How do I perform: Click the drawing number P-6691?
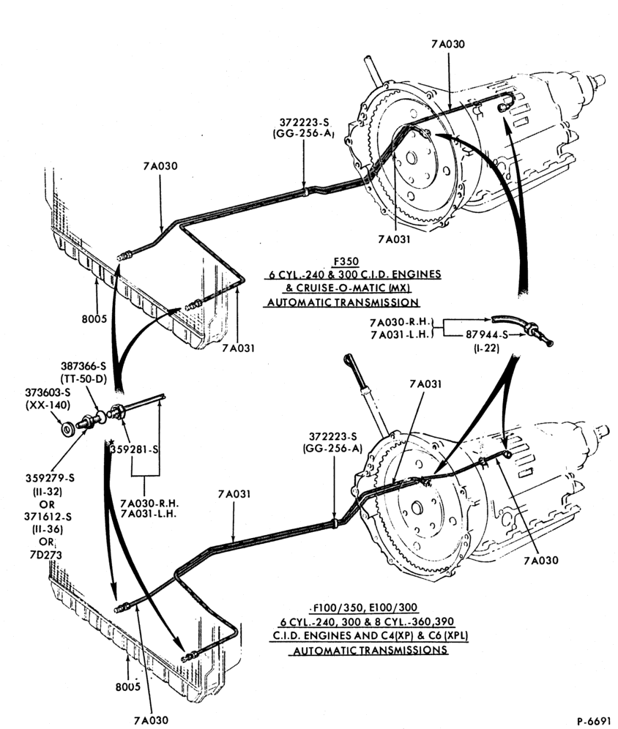(593, 721)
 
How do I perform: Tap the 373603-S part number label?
(48, 392)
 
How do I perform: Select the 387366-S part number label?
(83, 367)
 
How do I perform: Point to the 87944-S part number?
(487, 334)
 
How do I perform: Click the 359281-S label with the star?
(134, 449)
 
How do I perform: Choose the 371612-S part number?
(47, 517)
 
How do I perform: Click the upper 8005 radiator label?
(94, 319)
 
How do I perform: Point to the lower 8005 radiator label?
(128, 687)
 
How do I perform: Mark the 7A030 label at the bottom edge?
(151, 720)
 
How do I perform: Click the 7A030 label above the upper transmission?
(448, 44)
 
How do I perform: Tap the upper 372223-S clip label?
(304, 122)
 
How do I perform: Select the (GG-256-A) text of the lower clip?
(332, 448)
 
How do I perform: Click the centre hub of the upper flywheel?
(411, 158)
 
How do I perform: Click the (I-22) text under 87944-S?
(486, 347)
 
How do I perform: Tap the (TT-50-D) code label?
(83, 379)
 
